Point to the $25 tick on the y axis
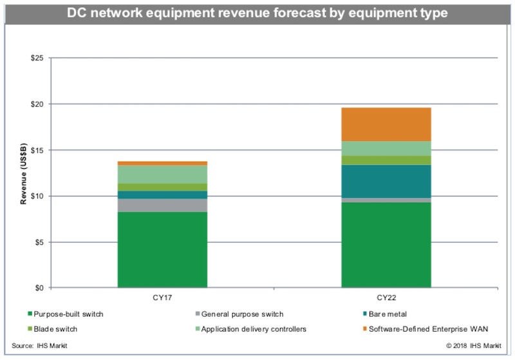pyautogui.click(x=38, y=59)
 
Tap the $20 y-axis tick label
pyautogui.click(x=38, y=104)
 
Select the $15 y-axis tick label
pyautogui.click(x=38, y=150)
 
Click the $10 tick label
pyautogui.click(x=38, y=196)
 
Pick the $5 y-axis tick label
pyautogui.click(x=40, y=242)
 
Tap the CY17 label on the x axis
pyautogui.click(x=162, y=298)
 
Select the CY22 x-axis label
pyautogui.click(x=386, y=298)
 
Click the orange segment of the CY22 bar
pyautogui.click(x=386, y=124)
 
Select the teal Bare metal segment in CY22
pyautogui.click(x=386, y=181)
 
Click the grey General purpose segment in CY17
pyautogui.click(x=162, y=205)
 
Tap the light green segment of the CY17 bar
pyautogui.click(x=162, y=175)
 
